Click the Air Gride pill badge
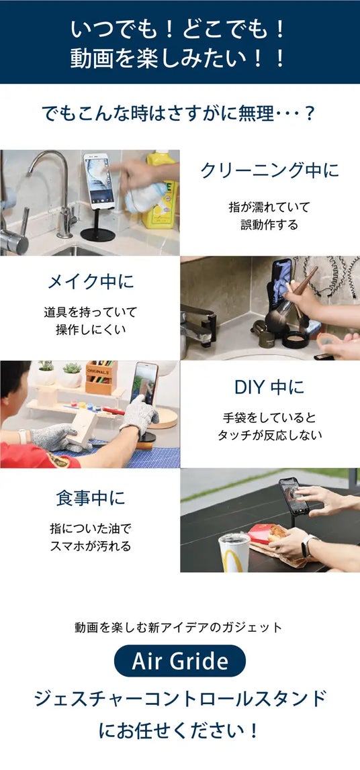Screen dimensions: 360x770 coord(180,661)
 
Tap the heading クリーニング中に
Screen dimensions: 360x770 coord(269,170)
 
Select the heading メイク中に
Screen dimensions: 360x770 coord(91,281)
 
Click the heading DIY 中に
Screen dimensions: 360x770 coord(269,387)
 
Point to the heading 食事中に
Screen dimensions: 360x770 coord(91,498)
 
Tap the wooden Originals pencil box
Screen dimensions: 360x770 coord(102,378)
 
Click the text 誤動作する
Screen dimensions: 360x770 coord(269,224)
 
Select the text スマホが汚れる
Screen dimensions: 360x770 coord(91,546)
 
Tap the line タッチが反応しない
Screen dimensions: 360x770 coord(269,434)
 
